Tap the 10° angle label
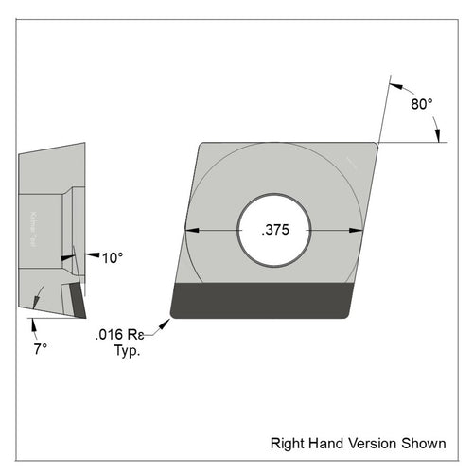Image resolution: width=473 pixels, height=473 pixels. tap(113, 256)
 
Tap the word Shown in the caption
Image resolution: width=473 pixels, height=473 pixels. tap(423, 442)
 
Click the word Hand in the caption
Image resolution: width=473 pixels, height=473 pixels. tap(323, 442)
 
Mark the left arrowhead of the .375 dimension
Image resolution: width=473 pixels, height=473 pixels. tap(190, 230)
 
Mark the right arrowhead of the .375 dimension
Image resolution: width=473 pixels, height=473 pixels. tap(358, 230)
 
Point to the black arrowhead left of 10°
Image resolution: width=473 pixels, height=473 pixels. tap(91, 255)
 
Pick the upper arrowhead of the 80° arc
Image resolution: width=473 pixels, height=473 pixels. tap(394, 80)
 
